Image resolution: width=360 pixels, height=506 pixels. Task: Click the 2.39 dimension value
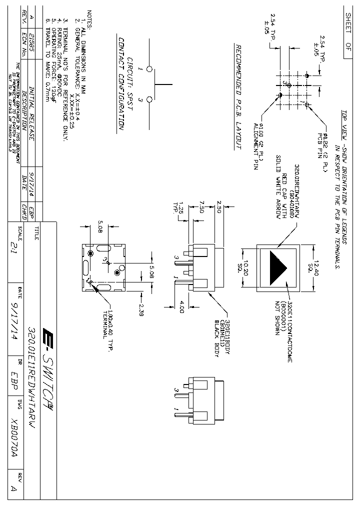pyautogui.click(x=141, y=310)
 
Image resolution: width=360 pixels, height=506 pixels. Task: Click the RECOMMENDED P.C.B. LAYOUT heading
pyautogui.click(x=238, y=96)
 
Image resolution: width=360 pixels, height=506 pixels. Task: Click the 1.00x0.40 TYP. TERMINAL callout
pyautogui.click(x=107, y=327)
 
